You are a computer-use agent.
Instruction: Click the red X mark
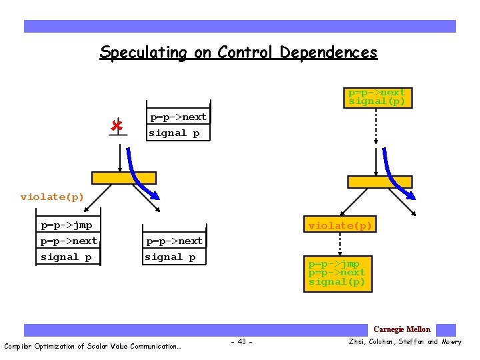[x=117, y=125]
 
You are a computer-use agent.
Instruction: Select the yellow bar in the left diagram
[x=124, y=178]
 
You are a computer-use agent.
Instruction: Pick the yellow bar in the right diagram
[x=379, y=181]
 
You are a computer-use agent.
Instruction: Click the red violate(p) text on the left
[x=52, y=197]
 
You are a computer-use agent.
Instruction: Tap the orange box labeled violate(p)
[x=339, y=226]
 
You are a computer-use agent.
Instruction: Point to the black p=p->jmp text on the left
[x=66, y=225]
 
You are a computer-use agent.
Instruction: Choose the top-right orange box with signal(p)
[x=377, y=97]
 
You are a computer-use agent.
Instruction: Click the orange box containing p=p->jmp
[x=337, y=273]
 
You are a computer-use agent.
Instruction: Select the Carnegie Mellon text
[x=401, y=329]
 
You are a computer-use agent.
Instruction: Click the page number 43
[x=241, y=342]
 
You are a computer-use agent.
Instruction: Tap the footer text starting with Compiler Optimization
[x=93, y=346]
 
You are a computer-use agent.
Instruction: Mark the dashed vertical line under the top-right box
[x=377, y=127]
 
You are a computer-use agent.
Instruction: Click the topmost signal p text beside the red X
[x=174, y=133]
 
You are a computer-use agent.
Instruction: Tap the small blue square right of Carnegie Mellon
[x=447, y=330]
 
